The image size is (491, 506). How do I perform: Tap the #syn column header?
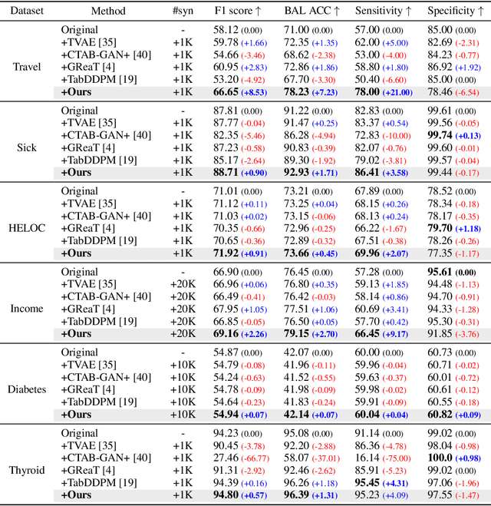click(x=183, y=12)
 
